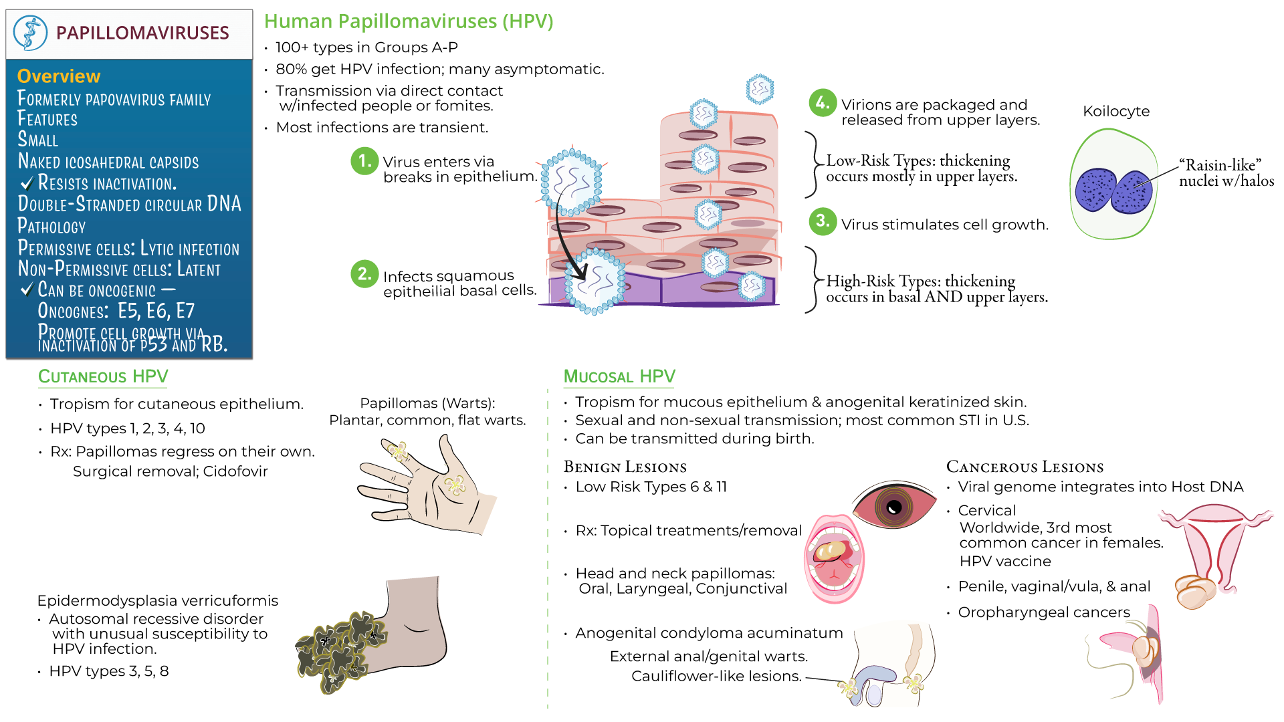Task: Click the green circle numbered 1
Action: coord(364,161)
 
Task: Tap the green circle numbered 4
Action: coord(823,103)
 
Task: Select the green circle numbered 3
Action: coord(823,221)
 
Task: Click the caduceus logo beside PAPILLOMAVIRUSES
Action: coord(31,33)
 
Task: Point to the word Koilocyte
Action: coord(1115,111)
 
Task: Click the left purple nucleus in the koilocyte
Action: coord(1095,191)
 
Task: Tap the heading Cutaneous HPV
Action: coord(103,376)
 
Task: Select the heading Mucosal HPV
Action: coord(619,376)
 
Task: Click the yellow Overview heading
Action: coord(59,76)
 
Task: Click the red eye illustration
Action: coord(894,505)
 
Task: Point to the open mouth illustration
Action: coord(834,558)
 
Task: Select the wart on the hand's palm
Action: coord(455,485)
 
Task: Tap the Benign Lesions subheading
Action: coord(625,467)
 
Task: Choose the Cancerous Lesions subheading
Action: coord(1025,467)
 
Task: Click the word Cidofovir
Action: coord(235,471)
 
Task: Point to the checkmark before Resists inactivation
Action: coord(27,183)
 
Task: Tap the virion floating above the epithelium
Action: coord(760,89)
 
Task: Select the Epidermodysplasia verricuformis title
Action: coord(158,600)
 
